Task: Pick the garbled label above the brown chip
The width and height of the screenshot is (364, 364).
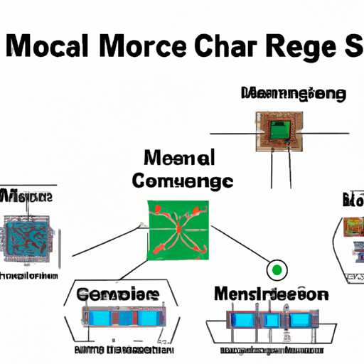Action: click(294, 94)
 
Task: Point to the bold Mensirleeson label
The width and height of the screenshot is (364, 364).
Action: click(270, 294)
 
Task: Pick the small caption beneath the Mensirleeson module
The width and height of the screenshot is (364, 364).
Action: click(270, 350)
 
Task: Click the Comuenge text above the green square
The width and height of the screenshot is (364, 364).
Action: click(182, 182)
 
